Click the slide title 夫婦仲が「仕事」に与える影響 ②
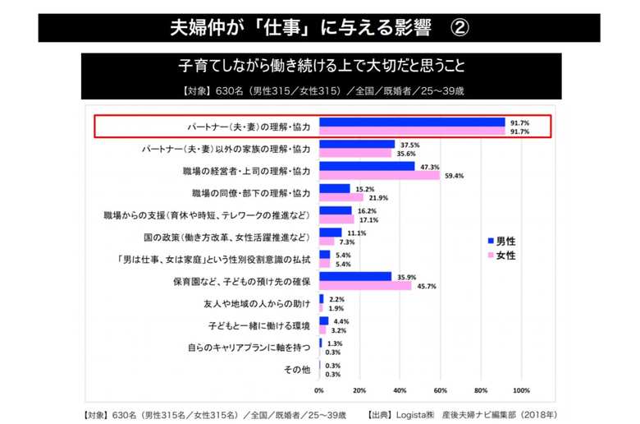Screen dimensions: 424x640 click(x=319, y=27)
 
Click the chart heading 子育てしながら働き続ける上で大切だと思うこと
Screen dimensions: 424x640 click(x=321, y=65)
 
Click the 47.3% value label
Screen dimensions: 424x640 click(x=429, y=166)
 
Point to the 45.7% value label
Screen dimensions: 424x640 click(x=426, y=286)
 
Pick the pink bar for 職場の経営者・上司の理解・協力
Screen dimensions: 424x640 click(x=379, y=174)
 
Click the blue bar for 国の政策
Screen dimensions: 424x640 click(x=330, y=233)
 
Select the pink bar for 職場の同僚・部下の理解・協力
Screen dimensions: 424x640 click(x=341, y=196)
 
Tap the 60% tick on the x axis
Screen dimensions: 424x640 click(x=441, y=390)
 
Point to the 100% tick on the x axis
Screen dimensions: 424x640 click(x=521, y=390)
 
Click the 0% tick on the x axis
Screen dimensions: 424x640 click(x=319, y=390)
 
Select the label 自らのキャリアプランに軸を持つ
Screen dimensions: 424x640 click(x=249, y=348)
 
